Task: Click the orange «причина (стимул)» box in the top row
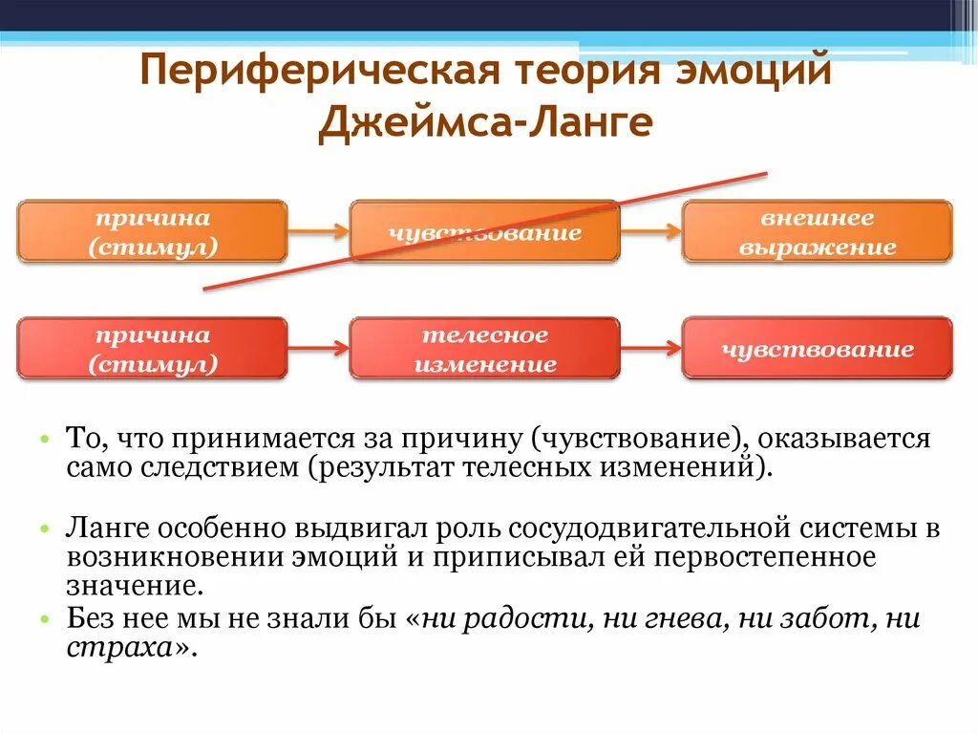point(152,231)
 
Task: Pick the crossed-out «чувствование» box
point(484,231)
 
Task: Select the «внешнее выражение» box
point(817,231)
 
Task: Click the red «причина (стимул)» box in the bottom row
point(152,349)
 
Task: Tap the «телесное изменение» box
point(484,349)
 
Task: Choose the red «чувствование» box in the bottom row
point(817,349)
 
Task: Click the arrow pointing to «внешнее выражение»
point(650,231)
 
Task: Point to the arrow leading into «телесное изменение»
point(318,349)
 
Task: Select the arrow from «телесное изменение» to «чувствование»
point(650,349)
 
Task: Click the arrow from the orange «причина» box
point(318,231)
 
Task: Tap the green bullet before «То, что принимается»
point(44,440)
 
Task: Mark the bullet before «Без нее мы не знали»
point(44,620)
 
